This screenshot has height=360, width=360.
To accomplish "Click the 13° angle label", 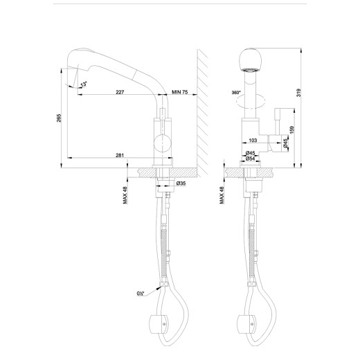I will point(84,84).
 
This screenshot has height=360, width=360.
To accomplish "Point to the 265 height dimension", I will point(60,117).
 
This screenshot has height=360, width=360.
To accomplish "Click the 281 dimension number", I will point(120,155).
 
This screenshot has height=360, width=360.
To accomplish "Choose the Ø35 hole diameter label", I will point(181,183).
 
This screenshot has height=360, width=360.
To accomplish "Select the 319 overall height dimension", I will point(307,96).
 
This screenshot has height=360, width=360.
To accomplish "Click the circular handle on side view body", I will point(161,144).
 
